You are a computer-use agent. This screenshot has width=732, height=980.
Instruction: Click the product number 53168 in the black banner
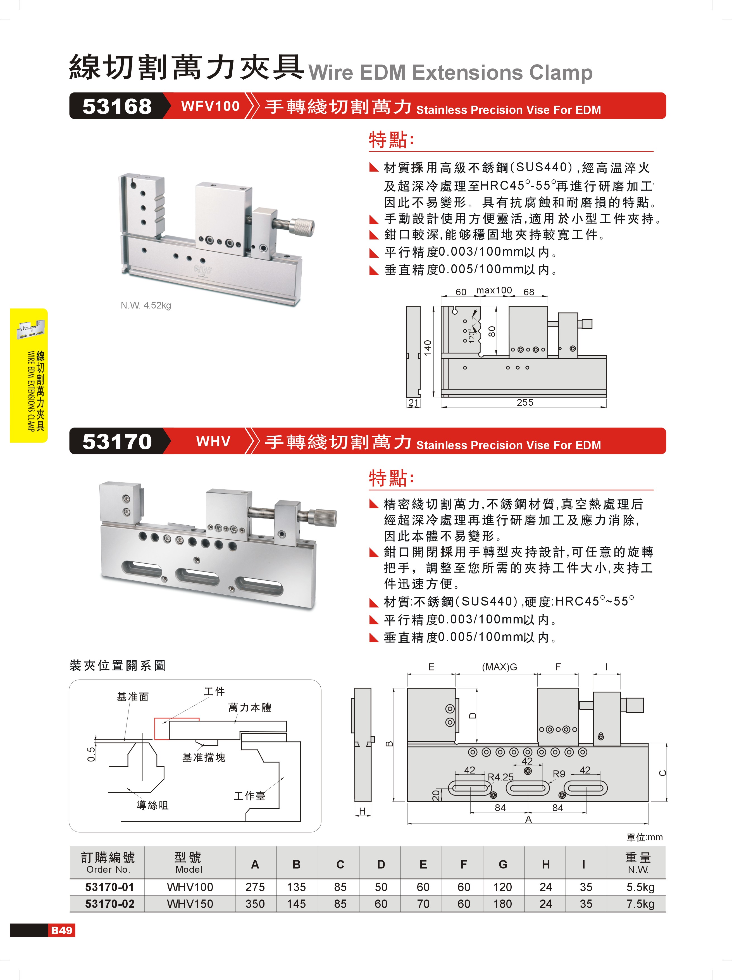(x=117, y=106)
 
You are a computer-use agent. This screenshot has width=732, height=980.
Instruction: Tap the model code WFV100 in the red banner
(x=210, y=106)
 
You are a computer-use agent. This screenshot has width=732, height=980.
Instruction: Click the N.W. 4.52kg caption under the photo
(x=146, y=305)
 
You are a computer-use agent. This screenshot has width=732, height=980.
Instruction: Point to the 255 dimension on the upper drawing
(x=525, y=402)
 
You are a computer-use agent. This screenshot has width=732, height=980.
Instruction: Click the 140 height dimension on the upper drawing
(x=427, y=348)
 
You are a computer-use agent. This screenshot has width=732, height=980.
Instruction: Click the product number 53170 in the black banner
(x=117, y=442)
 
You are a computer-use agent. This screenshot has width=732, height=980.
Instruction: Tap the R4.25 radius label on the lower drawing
(x=500, y=777)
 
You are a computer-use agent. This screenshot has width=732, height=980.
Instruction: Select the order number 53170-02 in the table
(x=109, y=904)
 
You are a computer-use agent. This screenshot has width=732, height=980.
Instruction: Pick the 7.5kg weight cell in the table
(x=640, y=904)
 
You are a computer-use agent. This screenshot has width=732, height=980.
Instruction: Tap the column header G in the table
(x=503, y=864)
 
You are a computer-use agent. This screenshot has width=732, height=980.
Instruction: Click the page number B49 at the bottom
(x=61, y=930)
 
